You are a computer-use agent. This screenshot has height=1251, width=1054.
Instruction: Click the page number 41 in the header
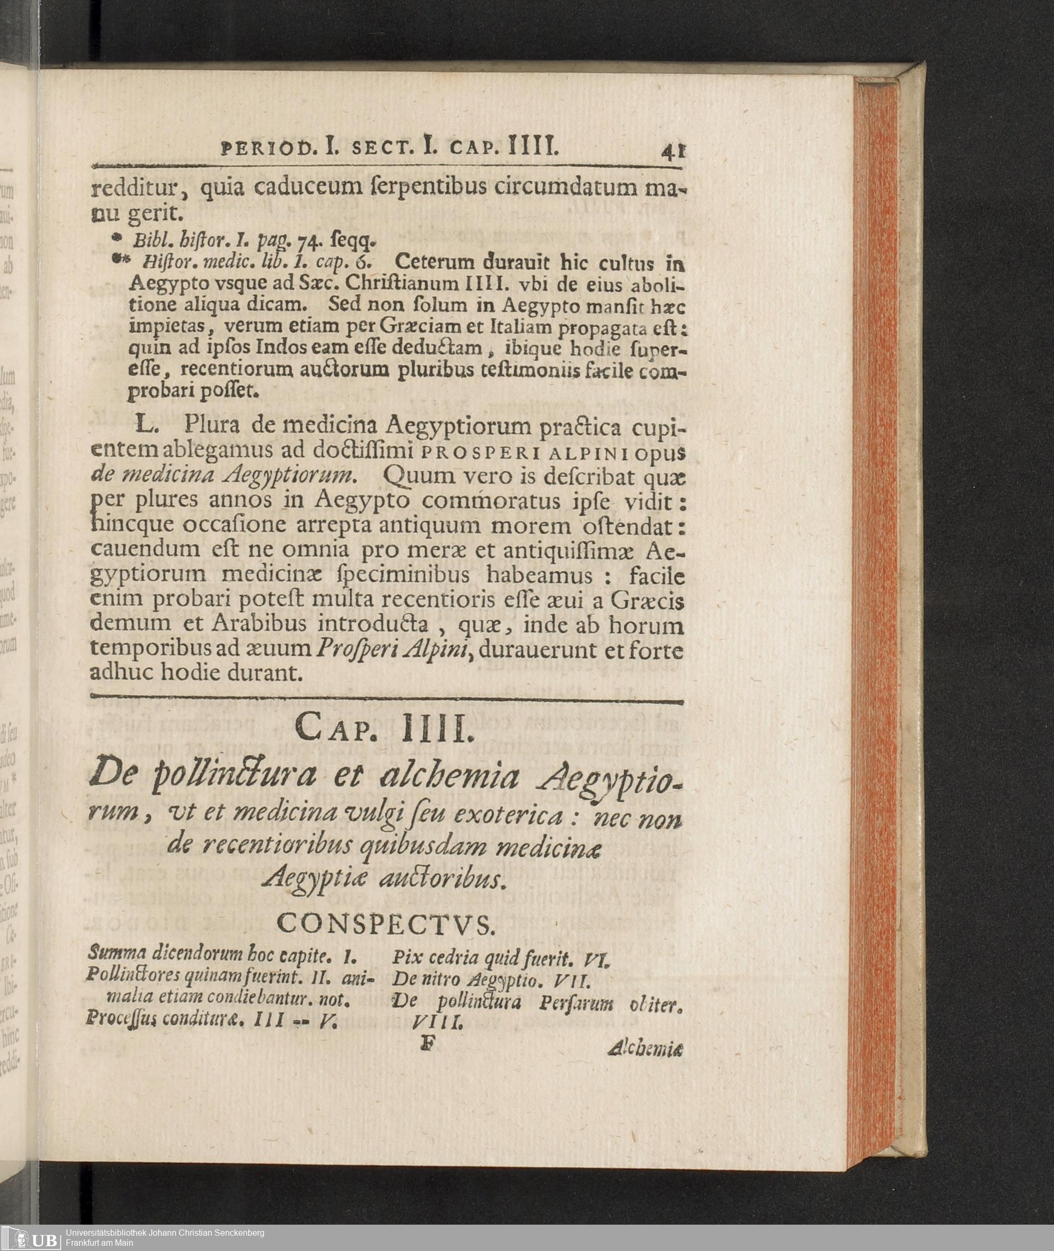(x=674, y=151)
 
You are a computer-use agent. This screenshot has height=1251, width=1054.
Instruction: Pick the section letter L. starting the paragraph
(x=147, y=425)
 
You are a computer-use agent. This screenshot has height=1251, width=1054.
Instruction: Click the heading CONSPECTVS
(x=386, y=924)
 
